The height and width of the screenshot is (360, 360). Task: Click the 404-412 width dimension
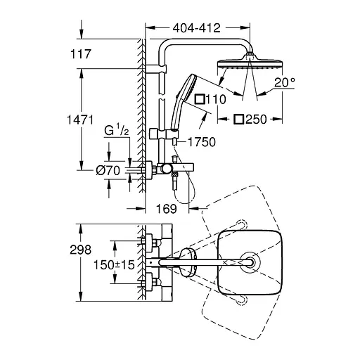click(196, 28)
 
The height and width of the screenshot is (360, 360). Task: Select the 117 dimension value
click(80, 54)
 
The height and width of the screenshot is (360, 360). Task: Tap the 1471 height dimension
click(80, 120)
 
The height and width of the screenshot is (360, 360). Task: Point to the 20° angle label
click(285, 82)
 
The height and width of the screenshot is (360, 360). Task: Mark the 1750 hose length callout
click(202, 142)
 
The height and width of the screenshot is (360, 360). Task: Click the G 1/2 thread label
click(117, 130)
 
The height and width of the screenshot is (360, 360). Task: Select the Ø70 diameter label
click(108, 170)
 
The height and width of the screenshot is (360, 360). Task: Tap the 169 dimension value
click(167, 209)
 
